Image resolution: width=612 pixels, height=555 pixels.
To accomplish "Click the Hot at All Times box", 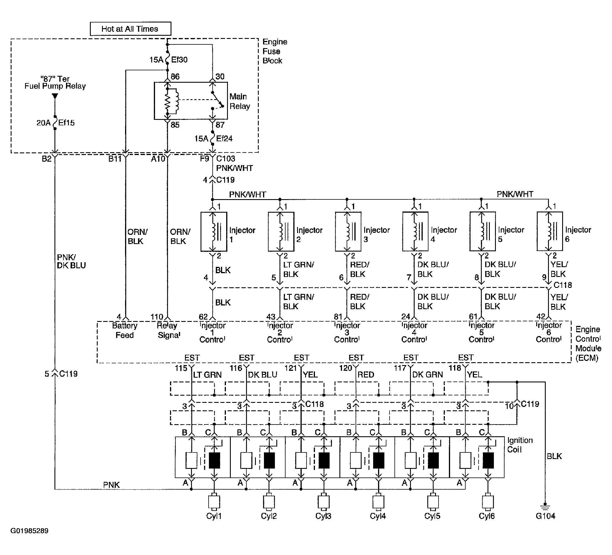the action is click(x=131, y=29).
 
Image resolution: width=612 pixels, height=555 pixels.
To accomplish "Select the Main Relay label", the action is click(x=239, y=101).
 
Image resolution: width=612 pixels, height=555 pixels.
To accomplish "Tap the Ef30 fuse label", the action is click(x=179, y=60).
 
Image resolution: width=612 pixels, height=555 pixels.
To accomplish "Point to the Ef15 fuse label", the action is click(x=66, y=123).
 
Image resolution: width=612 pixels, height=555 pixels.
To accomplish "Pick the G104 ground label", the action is click(x=545, y=516).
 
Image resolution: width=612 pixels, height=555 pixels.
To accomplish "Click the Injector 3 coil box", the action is click(x=348, y=232).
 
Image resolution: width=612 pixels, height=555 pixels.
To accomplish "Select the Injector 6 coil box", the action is click(x=550, y=231).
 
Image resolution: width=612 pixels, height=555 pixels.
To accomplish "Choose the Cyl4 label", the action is click(x=378, y=516).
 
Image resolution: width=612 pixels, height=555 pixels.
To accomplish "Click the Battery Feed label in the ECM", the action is click(x=124, y=330).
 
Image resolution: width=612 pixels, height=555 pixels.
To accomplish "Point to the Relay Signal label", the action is click(x=169, y=330).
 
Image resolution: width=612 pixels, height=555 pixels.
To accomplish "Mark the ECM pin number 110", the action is click(x=157, y=317).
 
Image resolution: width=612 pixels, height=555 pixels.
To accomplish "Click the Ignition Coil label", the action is click(x=520, y=445).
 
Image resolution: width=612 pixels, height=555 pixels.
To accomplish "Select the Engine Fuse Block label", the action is click(x=275, y=51).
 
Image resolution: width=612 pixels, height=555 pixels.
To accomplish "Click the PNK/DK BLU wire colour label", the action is click(x=71, y=261).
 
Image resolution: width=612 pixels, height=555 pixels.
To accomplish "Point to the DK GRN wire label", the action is click(x=427, y=375).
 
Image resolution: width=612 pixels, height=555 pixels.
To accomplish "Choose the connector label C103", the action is click(x=226, y=158).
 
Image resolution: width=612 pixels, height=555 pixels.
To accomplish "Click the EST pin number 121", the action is click(x=290, y=368).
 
